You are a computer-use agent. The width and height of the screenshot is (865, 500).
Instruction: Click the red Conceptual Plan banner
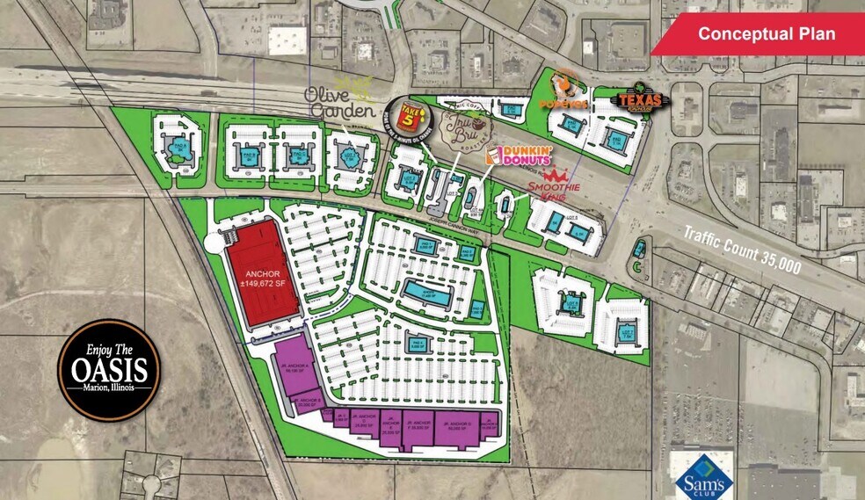click(x=767, y=34)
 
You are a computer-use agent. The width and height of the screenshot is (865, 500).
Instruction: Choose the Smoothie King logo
click(x=553, y=185)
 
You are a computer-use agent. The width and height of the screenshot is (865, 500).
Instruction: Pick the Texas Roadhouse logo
click(x=640, y=102)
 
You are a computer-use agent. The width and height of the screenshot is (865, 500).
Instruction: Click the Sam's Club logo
click(x=700, y=480)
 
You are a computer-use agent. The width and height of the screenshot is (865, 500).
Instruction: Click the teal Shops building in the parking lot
click(x=426, y=289)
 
